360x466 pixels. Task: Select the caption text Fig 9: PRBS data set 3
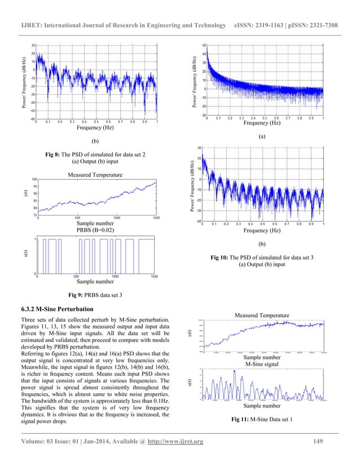(x=96, y=294)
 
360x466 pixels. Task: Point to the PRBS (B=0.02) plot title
(x=96, y=231)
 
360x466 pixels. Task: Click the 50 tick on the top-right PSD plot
(x=204, y=45)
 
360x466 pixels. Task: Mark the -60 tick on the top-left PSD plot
(x=32, y=119)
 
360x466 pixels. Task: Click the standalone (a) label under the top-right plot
(x=261, y=137)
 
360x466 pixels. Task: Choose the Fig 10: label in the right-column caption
(x=220, y=257)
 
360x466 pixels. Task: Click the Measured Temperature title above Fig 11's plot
(x=265, y=315)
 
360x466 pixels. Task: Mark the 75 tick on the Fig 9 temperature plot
(x=34, y=215)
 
